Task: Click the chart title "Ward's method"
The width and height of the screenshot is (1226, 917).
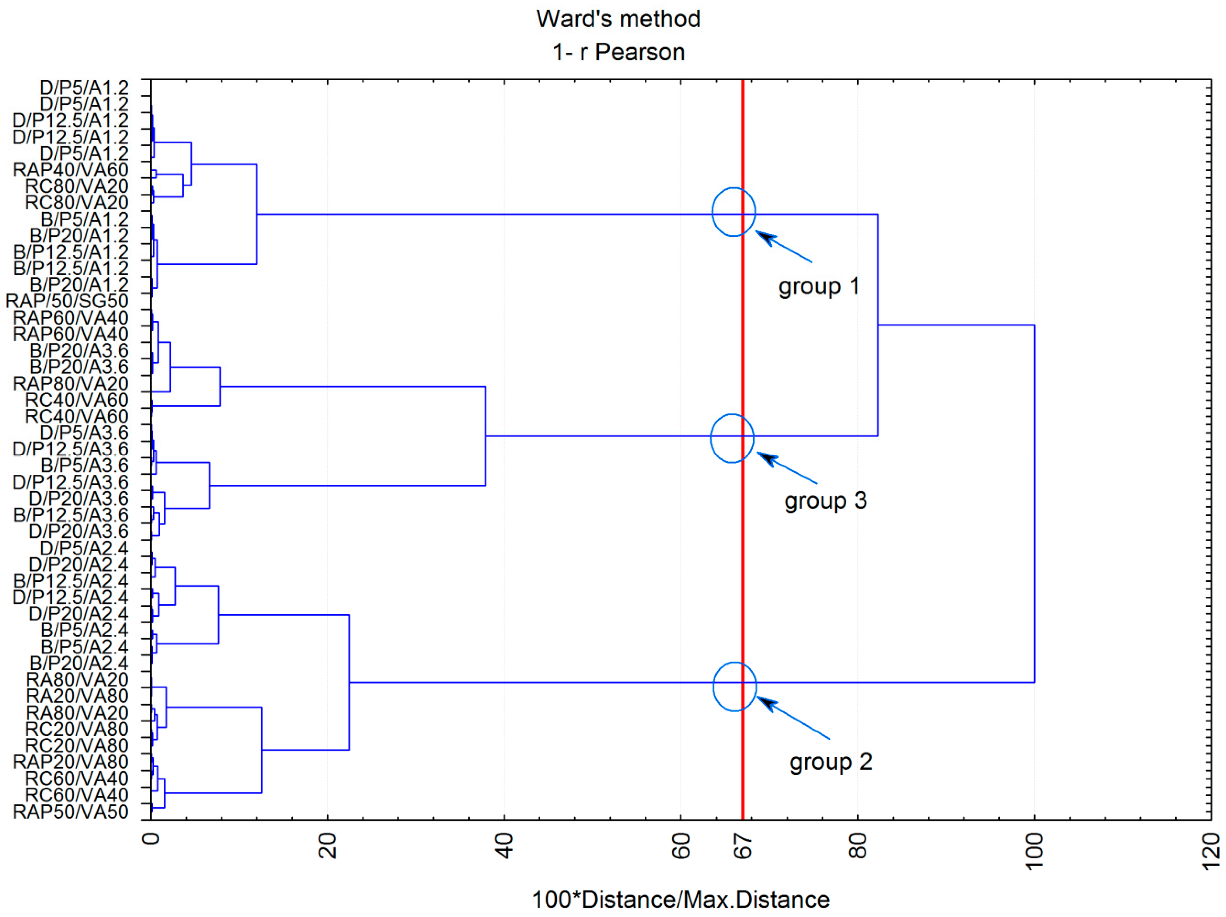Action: [x=618, y=19]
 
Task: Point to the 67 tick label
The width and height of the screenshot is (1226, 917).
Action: [x=743, y=846]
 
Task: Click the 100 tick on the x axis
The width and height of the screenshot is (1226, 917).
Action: [x=1034, y=852]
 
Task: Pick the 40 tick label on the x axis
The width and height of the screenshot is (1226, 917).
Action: [x=504, y=846]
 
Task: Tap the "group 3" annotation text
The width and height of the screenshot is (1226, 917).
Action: [x=825, y=501]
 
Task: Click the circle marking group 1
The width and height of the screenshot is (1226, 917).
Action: [x=733, y=212]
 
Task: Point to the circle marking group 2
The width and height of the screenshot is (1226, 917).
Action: [x=734, y=687]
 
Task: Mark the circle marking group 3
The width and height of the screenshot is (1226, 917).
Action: [x=732, y=438]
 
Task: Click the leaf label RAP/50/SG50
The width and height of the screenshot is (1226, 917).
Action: [x=67, y=302]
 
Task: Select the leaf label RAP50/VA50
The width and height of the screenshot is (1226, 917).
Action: [x=71, y=812]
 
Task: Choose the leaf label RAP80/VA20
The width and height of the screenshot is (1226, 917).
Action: [x=71, y=383]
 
